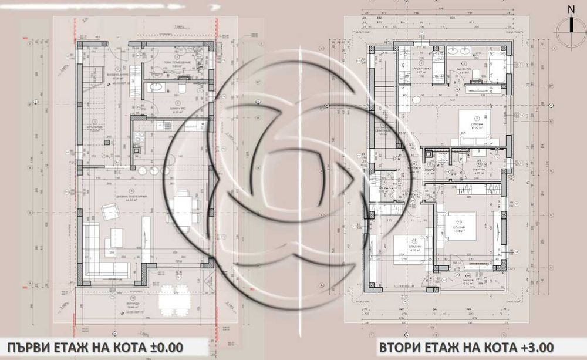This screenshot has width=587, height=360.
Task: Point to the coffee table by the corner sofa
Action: click(x=110, y=241)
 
